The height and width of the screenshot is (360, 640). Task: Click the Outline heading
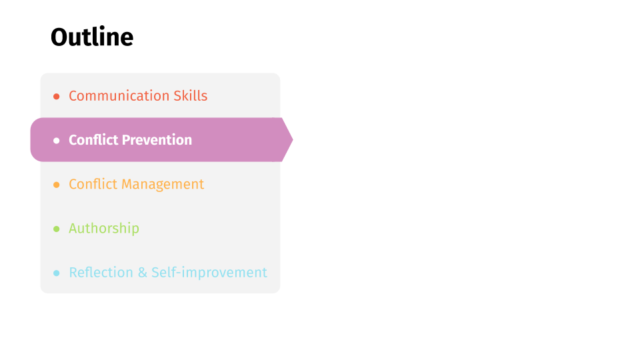[92, 37]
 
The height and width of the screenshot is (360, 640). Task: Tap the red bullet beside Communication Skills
[56, 96]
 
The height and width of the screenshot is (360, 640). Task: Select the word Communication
[119, 95]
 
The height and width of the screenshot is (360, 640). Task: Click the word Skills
[191, 95]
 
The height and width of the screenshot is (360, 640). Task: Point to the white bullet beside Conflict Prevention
[56, 141]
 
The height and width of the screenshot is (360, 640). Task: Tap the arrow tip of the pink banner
[293, 139]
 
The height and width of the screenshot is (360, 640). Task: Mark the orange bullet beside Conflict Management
[56, 185]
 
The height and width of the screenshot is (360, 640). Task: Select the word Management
[163, 185]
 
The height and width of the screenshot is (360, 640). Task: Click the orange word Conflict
[93, 184]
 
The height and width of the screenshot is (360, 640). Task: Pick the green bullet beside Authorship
[56, 229]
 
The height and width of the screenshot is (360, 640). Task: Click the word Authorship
[104, 229]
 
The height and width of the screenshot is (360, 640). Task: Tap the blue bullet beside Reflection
[56, 273]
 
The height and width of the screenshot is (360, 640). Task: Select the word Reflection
[101, 272]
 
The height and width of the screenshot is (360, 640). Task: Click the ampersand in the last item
[143, 273]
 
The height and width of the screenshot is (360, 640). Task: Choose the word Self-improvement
[209, 273]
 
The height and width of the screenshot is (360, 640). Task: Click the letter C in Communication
[73, 96]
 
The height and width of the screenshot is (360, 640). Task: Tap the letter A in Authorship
[73, 228]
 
